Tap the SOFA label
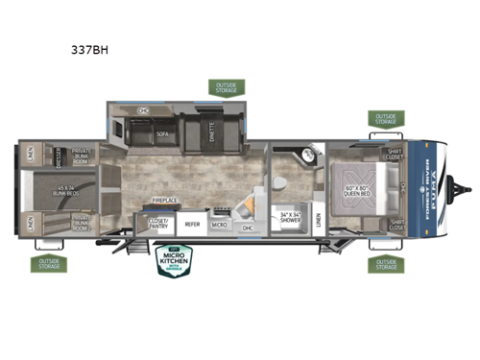click(163, 136)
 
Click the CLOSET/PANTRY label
click(159, 223)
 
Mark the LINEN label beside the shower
click(317, 223)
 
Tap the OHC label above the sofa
click(144, 111)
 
